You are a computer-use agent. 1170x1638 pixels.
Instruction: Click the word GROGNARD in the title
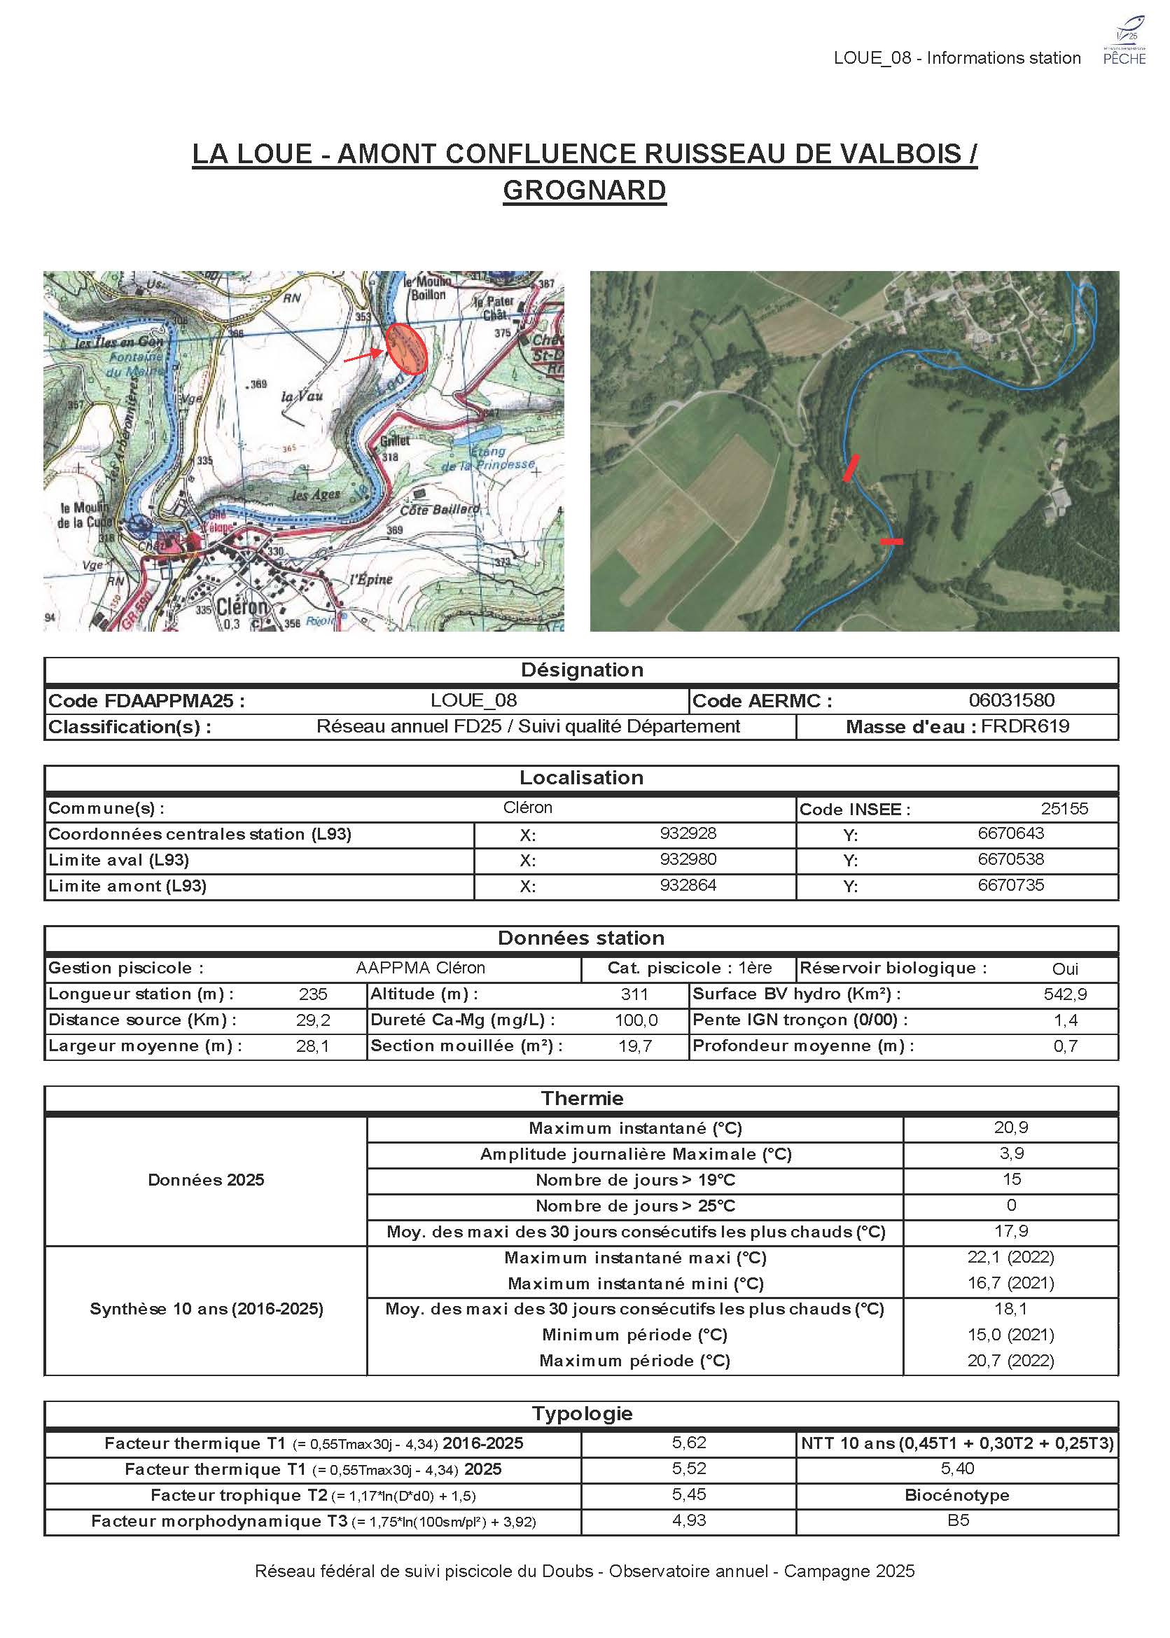coord(584,190)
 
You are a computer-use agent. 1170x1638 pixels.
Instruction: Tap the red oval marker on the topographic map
coord(406,348)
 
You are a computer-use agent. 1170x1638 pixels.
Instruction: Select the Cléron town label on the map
coord(242,606)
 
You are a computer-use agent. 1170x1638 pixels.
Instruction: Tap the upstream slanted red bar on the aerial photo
coord(851,468)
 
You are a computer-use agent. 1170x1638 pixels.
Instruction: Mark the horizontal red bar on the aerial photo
coord(891,541)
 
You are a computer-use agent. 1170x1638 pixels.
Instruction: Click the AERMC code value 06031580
coord(1011,700)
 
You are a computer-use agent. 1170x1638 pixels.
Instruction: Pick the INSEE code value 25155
coord(1064,809)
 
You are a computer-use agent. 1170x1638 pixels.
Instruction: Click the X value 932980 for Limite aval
coord(688,859)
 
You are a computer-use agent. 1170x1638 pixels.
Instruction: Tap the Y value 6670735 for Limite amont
coord(1010,885)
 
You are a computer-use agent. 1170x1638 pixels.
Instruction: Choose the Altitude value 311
coord(634,994)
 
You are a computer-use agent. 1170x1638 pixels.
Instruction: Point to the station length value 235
coord(313,994)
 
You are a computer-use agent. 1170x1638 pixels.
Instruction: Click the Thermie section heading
coord(581,1098)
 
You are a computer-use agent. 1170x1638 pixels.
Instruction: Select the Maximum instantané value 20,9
coord(1011,1127)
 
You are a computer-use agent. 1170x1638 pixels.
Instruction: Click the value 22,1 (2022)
coord(1010,1258)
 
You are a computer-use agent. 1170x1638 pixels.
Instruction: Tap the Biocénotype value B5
coord(957,1520)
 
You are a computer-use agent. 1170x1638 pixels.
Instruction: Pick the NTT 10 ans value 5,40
coord(957,1469)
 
